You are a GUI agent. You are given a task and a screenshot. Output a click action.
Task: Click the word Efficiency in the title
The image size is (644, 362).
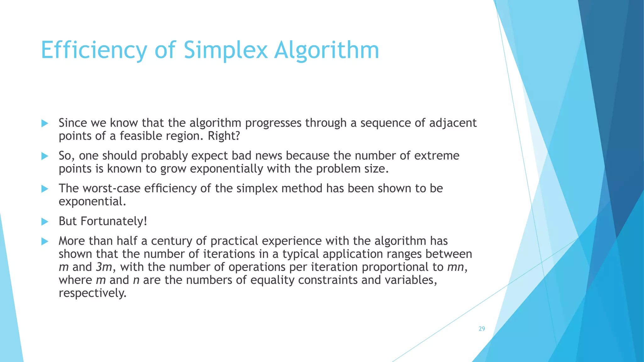(x=94, y=50)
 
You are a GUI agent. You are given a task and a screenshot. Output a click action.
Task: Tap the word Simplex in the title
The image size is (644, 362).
(x=225, y=50)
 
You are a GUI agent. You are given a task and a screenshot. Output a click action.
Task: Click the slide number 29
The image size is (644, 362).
(x=482, y=329)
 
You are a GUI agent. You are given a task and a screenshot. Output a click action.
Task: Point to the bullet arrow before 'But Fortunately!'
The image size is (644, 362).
(x=45, y=222)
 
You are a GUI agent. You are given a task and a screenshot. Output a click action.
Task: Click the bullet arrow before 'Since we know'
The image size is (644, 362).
(x=45, y=123)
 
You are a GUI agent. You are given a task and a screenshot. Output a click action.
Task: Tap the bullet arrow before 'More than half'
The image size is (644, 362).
(x=45, y=242)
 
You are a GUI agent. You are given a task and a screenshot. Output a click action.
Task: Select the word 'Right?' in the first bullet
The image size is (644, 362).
(x=224, y=136)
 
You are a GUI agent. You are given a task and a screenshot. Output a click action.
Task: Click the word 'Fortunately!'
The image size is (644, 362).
(x=114, y=221)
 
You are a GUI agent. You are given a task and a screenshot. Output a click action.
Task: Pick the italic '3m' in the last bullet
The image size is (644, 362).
(x=104, y=267)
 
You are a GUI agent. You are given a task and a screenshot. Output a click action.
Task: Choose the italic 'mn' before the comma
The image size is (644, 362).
(x=455, y=267)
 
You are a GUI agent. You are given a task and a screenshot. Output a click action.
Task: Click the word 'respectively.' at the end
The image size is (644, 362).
(x=92, y=293)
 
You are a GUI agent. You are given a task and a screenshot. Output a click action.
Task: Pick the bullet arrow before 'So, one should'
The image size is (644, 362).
(x=45, y=156)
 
